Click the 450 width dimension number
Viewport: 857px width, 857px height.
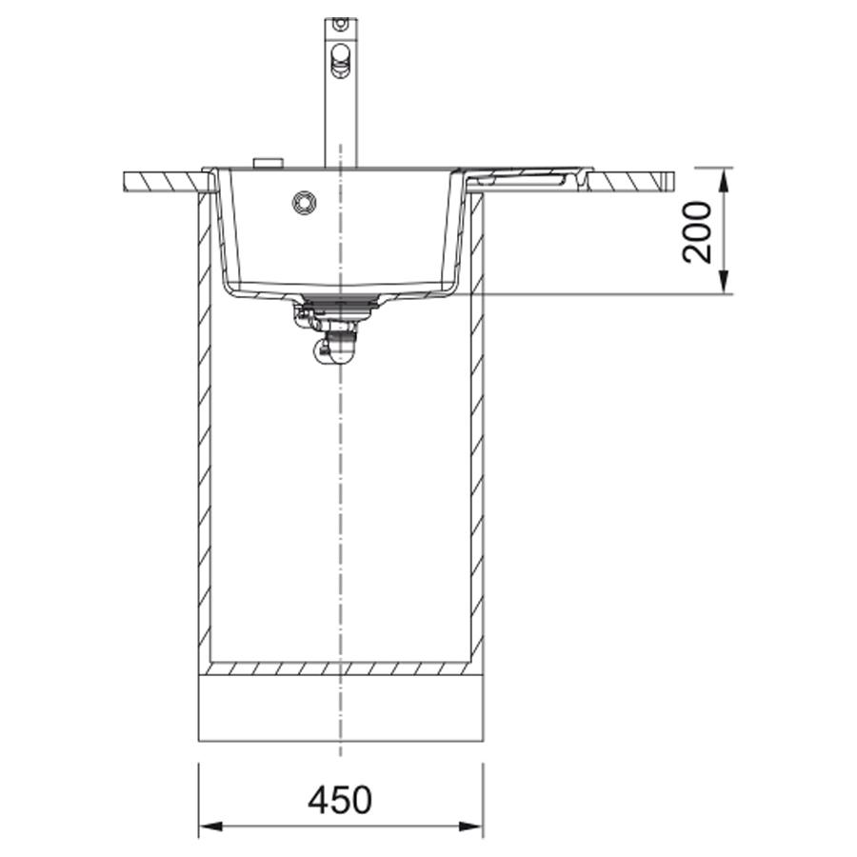pyautogui.click(x=340, y=801)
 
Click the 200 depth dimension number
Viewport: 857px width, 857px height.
pyautogui.click(x=697, y=232)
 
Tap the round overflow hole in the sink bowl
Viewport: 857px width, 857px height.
pyautogui.click(x=304, y=202)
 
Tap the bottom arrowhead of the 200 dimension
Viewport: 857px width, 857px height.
pyautogui.click(x=724, y=282)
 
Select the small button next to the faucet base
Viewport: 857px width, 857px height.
pyautogui.click(x=268, y=163)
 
